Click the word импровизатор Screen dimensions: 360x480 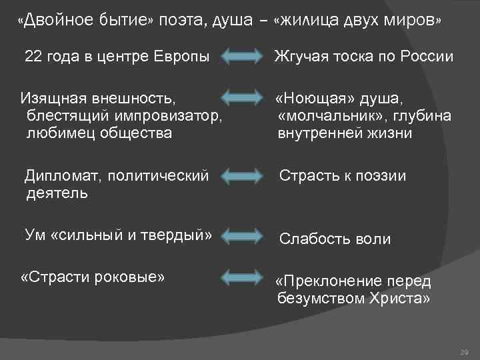[170, 116]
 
